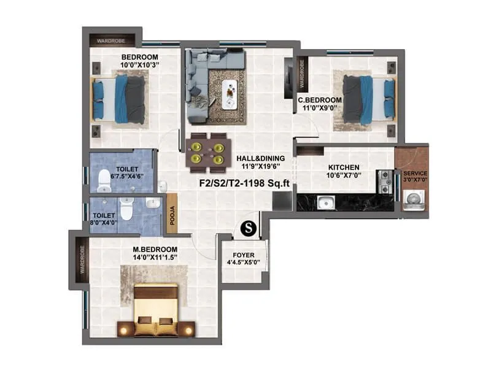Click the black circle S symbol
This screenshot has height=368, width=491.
[249, 228]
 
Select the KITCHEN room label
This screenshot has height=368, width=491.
[343, 167]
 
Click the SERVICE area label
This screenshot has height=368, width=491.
[415, 174]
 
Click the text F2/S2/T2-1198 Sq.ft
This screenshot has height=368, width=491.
[244, 182]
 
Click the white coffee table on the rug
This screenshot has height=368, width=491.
[230, 90]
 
